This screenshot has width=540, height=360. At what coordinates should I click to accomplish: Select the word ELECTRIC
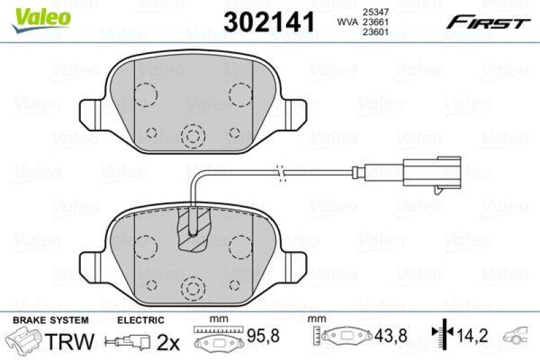pyautogui.click(x=141, y=320)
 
